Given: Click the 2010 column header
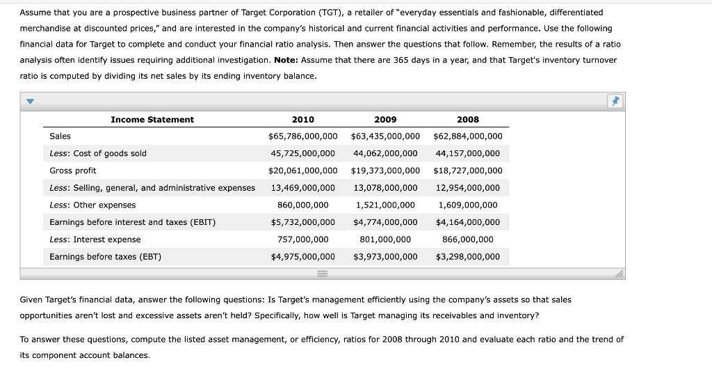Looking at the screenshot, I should click(302, 119).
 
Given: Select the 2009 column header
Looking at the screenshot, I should click(385, 119).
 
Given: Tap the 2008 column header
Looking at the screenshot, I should click(467, 119).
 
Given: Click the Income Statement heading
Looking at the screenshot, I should click(152, 119).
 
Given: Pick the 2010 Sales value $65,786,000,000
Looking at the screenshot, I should click(302, 136).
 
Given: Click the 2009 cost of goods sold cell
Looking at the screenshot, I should click(385, 153).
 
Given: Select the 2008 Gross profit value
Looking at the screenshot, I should click(467, 171).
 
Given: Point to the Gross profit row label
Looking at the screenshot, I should click(73, 171).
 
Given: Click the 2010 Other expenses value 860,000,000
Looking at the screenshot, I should click(302, 205).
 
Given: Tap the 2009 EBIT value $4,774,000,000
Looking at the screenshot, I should click(385, 222).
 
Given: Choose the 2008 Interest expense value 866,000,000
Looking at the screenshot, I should click(467, 240).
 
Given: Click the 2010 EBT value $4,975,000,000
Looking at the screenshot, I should click(302, 257).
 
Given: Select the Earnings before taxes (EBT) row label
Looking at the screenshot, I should click(105, 257).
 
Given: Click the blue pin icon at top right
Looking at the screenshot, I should click(615, 102).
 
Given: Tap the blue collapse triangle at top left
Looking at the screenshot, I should click(30, 102).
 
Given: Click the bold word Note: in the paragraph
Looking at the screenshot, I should click(286, 60).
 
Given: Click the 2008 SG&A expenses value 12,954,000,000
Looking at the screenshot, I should click(467, 188).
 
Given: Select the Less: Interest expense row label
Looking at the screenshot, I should click(95, 240).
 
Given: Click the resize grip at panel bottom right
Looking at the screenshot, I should click(619, 274).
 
